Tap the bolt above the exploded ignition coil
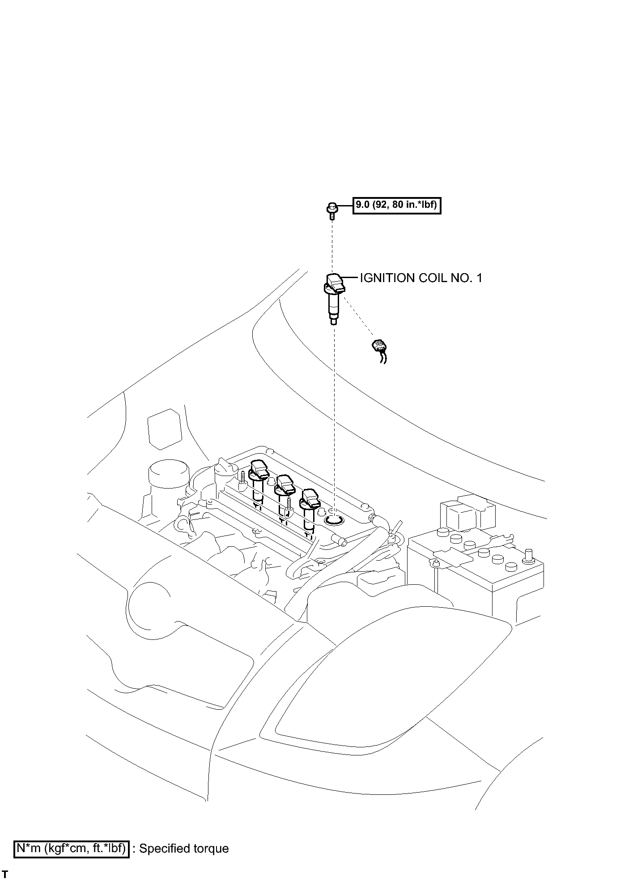pos(331,211)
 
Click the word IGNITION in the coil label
pos(387,278)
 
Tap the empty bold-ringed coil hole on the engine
pos(333,519)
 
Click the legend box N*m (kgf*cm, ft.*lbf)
pos(72,849)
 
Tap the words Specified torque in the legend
pos(184,849)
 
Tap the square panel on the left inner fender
pos(165,429)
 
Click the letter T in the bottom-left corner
pos(5,875)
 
